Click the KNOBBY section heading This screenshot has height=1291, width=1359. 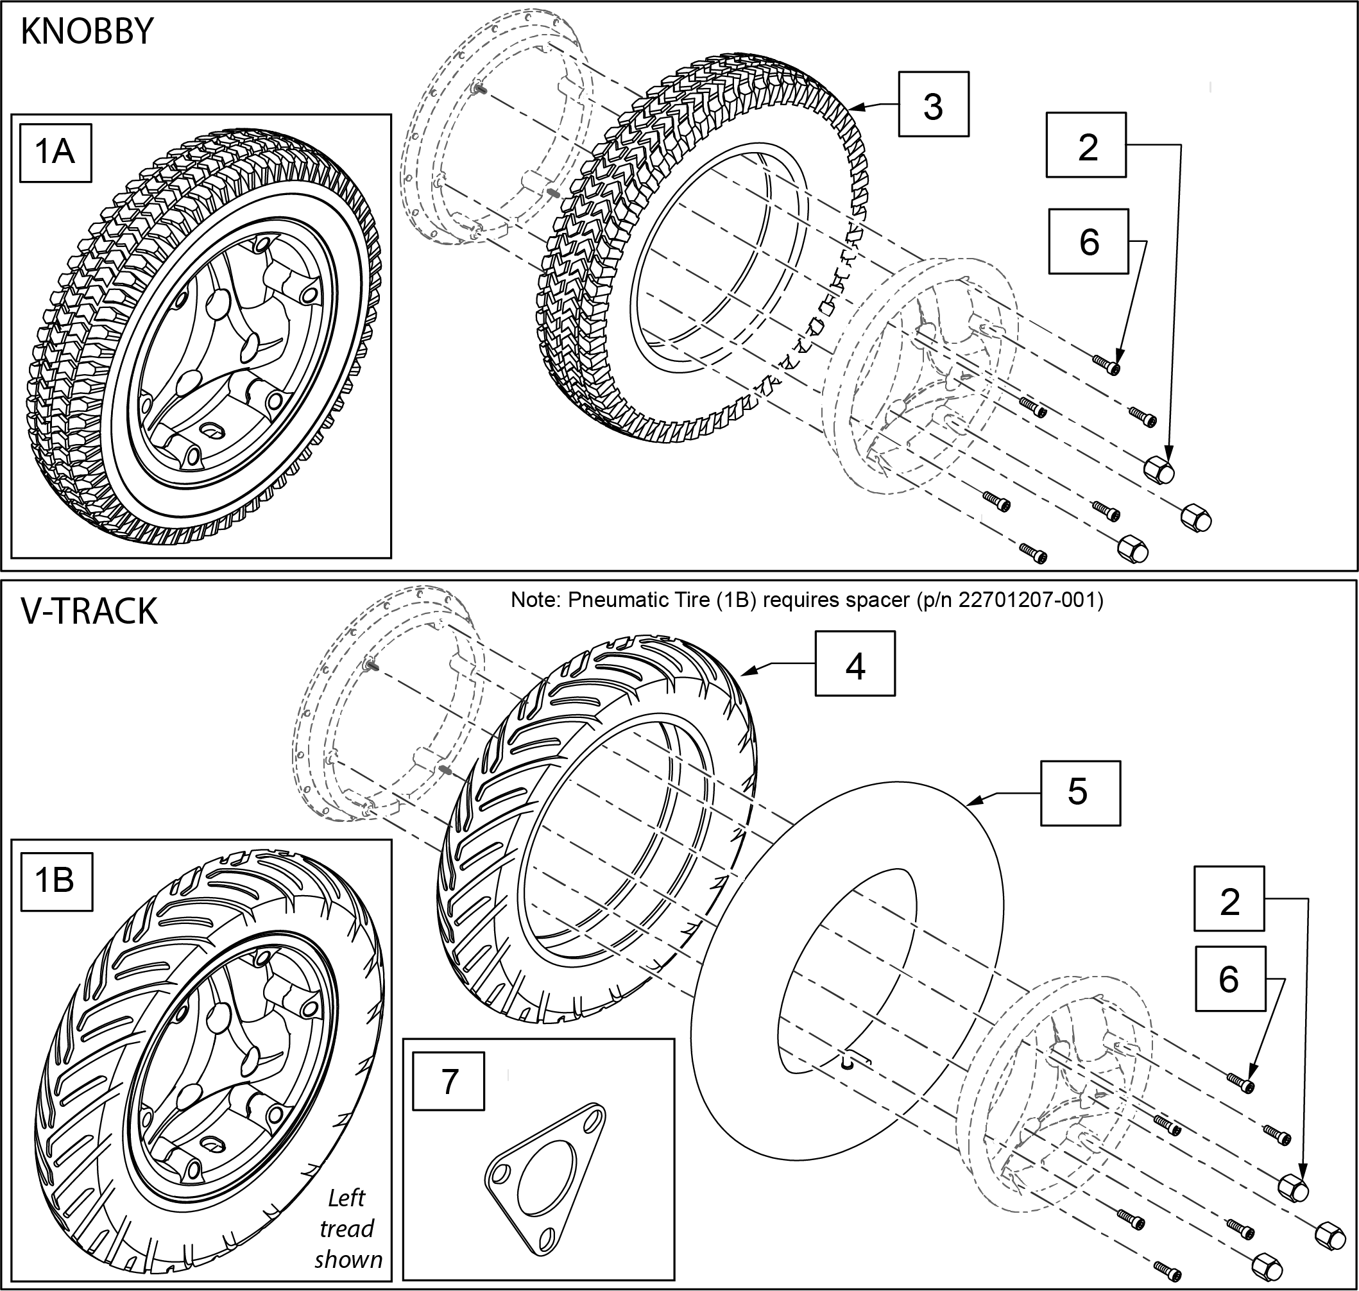click(87, 32)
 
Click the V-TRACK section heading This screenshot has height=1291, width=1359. click(89, 611)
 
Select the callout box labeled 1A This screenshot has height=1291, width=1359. click(55, 152)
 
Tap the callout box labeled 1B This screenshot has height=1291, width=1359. click(56, 881)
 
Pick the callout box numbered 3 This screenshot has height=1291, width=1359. click(932, 105)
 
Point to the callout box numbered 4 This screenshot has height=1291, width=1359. click(855, 664)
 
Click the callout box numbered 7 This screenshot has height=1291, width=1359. click(448, 1081)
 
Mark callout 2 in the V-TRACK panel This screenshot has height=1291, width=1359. click(1229, 901)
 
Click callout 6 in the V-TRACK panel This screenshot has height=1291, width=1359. click(1229, 978)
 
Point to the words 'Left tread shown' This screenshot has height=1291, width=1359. click(348, 1229)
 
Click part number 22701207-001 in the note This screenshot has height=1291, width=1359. click(1029, 601)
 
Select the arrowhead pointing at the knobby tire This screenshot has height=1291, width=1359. click(853, 107)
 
